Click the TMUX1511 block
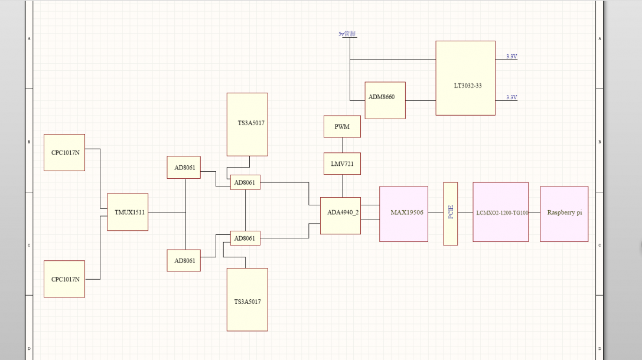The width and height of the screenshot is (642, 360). [128, 212]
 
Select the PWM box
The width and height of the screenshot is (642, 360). [343, 126]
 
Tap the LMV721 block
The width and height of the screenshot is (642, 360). [343, 163]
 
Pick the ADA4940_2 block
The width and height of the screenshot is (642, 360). [340, 216]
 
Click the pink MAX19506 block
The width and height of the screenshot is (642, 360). [404, 214]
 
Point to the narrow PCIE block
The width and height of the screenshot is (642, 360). [451, 214]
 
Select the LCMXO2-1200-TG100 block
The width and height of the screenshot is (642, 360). [500, 212]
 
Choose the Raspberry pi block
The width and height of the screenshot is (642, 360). [564, 214]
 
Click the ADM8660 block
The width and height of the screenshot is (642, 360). [385, 100]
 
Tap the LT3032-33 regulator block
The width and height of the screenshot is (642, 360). [465, 78]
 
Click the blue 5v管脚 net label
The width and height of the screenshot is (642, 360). [347, 34]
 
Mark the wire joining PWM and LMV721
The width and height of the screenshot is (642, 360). [343, 145]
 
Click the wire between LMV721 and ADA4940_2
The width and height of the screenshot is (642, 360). [343, 186]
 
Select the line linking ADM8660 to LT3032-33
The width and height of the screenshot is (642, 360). [421, 101]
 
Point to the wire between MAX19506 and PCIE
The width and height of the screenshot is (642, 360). [436, 212]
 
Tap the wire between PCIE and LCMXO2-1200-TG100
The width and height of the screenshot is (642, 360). [465, 212]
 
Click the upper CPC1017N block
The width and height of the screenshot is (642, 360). [64, 153]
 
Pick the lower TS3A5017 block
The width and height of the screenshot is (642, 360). [247, 299]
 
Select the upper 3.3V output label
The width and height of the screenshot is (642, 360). [511, 57]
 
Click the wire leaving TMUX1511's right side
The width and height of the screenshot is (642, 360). [167, 212]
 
